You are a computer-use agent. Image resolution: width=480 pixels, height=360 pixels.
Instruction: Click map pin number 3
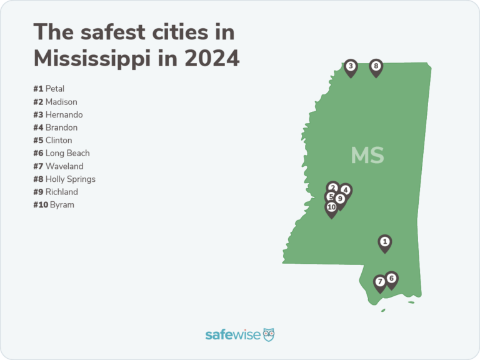tap(351, 66)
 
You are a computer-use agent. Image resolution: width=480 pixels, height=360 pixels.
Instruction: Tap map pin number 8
tap(376, 66)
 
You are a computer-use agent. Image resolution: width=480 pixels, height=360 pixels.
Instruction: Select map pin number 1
tap(385, 242)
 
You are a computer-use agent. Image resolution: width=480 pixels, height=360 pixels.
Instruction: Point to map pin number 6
tap(391, 279)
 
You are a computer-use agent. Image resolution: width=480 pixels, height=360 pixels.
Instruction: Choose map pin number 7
tap(380, 282)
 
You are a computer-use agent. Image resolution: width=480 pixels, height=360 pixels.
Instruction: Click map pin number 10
tap(331, 207)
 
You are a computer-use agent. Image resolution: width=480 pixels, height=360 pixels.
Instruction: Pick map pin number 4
tap(346, 190)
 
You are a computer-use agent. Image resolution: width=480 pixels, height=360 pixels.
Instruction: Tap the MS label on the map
tap(367, 155)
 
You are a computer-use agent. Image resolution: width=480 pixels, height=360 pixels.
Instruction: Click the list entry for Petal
tap(49, 89)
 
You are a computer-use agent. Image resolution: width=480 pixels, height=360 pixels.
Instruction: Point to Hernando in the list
tap(58, 115)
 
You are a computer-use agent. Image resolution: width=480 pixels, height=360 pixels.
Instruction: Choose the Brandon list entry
tap(56, 127)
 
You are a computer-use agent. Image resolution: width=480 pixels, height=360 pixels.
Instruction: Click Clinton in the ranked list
tap(53, 141)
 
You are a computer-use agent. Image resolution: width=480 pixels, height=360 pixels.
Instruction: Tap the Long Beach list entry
tap(62, 153)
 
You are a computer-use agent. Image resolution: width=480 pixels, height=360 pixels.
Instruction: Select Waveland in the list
tap(58, 166)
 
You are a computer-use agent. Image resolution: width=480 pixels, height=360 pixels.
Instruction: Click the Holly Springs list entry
tap(64, 179)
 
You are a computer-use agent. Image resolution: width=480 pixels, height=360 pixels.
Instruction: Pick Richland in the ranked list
tap(56, 192)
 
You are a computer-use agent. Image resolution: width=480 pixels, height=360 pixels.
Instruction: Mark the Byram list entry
tap(54, 205)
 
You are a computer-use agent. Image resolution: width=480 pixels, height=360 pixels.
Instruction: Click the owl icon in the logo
tap(269, 334)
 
